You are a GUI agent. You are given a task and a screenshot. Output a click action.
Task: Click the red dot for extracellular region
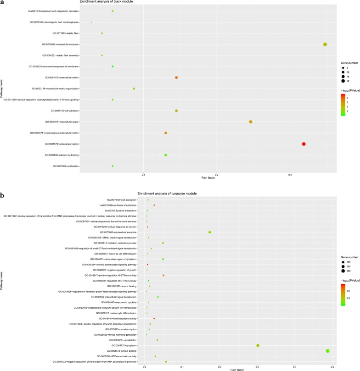point(304,144)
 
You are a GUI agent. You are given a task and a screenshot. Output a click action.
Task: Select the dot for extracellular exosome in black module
point(325,44)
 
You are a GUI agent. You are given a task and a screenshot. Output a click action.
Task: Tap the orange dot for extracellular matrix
point(176,78)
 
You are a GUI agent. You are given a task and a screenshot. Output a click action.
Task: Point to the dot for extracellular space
point(251,122)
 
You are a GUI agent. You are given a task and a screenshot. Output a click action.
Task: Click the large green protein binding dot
point(328,351)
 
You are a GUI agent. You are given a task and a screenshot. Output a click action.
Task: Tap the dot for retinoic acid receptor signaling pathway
point(147,265)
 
